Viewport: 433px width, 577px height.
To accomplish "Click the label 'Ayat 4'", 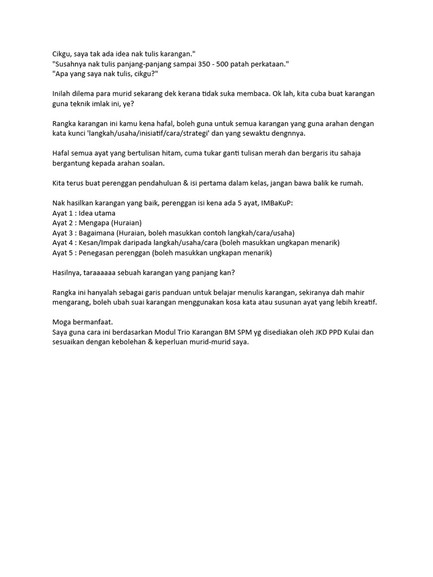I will tap(63, 243).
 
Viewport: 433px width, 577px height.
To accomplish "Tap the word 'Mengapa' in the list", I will tap(94, 223).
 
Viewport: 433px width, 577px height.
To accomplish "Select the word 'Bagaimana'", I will tap(97, 233).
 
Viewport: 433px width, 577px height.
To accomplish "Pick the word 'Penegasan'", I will tap(96, 253).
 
